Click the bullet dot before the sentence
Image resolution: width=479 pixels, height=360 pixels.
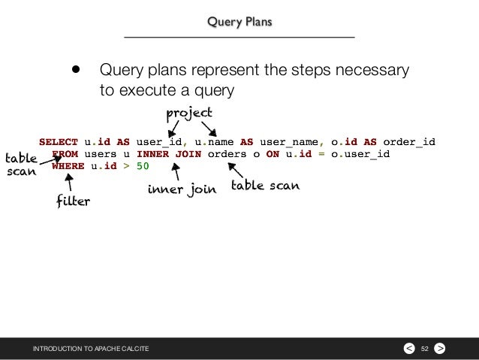(75, 71)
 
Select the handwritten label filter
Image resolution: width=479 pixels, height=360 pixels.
(74, 201)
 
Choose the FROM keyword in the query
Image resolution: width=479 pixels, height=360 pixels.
(65, 154)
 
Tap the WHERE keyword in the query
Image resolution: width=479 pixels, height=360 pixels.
(68, 167)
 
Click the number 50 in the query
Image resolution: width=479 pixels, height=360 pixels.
(143, 167)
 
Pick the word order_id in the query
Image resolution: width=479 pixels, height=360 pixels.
(408, 141)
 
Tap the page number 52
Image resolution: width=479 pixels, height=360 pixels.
(425, 348)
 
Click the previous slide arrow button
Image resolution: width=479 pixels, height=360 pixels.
(408, 348)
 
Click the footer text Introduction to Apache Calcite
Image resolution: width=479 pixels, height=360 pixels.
(90, 348)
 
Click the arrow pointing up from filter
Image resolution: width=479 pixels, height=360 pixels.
(70, 183)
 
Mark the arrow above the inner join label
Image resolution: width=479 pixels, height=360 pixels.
(176, 172)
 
